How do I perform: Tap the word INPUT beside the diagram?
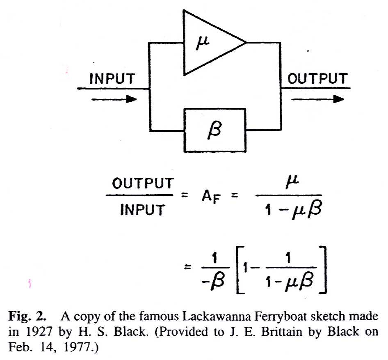(112, 79)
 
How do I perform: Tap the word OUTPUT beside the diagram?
(317, 79)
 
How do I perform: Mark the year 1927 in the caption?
(36, 332)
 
